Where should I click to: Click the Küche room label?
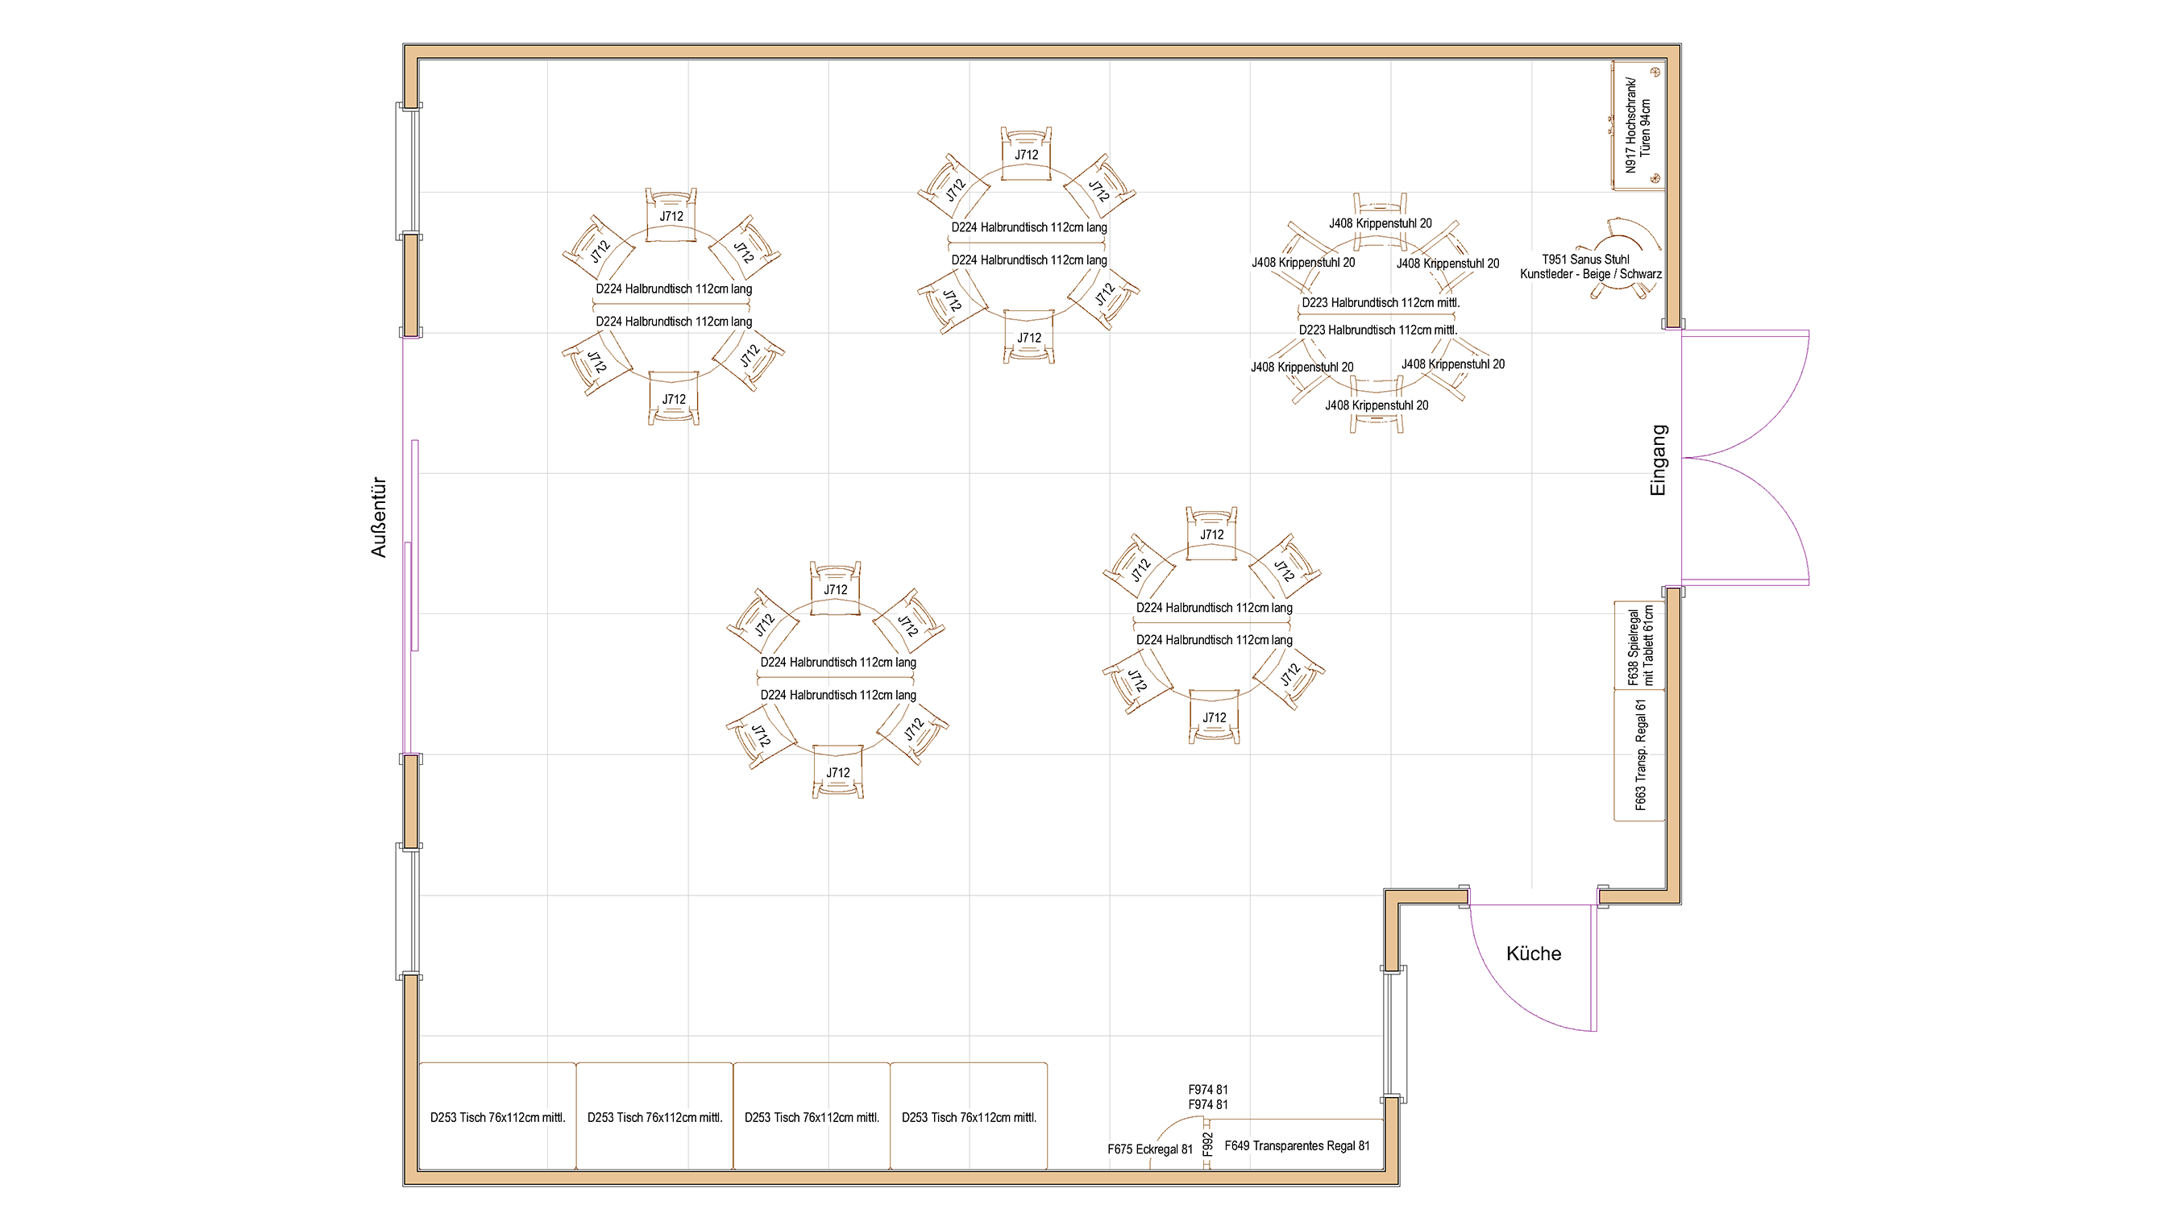point(1533,954)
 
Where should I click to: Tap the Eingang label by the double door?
point(1658,459)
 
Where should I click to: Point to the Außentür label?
point(379,517)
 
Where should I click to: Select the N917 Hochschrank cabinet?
point(1638,125)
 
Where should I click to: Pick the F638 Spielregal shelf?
point(1638,646)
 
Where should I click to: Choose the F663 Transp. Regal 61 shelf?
point(1638,755)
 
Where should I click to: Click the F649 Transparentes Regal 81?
point(1297,1145)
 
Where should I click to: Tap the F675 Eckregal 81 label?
point(1150,1149)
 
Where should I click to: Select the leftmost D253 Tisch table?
point(497,1117)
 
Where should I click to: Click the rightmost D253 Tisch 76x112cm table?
point(968,1117)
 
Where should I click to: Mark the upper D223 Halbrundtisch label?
point(1381,302)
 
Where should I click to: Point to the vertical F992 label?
point(1207,1144)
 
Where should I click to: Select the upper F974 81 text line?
point(1208,1090)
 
